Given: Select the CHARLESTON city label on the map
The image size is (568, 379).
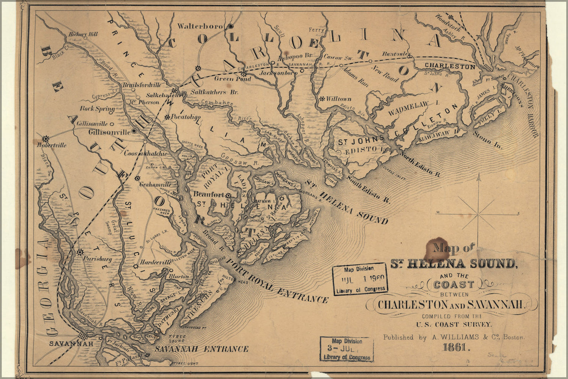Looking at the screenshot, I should tap(449, 66).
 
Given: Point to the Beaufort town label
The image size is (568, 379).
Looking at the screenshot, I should tap(208, 194).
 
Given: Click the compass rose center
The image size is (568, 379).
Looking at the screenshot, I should tap(478, 215).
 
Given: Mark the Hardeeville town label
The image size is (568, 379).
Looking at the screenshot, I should tap(151, 262).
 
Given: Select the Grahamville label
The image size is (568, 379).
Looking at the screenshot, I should tap(155, 185).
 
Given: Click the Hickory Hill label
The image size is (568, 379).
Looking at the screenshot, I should tap(83, 34).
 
